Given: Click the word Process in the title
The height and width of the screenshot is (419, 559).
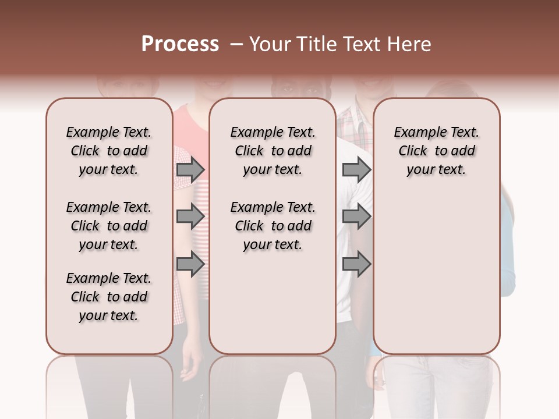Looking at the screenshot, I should coord(180,44).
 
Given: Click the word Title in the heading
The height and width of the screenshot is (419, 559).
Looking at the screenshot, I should coord(317,44).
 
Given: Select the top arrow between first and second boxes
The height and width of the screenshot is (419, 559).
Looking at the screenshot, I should coord(190,169).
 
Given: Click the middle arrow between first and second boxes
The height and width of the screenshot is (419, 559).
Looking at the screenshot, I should coord(190,216).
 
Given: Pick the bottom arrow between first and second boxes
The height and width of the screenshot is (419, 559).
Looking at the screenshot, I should coord(190,264).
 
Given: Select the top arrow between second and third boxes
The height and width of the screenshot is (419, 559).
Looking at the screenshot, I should coord(356,169).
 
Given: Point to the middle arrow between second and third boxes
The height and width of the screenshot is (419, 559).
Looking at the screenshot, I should coord(356,216).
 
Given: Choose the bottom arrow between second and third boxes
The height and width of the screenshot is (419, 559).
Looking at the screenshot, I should coord(356,264).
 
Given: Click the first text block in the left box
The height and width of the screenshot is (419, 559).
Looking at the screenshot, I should coord(109,151).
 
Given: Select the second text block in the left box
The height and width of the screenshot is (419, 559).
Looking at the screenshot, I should coord(109,226).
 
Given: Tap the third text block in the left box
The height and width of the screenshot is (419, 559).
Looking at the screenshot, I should coord(109,297).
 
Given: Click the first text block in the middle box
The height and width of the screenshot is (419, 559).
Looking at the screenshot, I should coord(273,151).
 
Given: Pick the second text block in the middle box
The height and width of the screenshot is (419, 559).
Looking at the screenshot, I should coord(273,226).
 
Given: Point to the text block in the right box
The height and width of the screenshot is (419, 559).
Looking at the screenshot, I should coord(436,151).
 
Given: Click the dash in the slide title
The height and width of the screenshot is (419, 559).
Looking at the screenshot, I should coord(236,44).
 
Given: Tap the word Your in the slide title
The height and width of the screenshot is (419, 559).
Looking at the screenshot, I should coord(270,44).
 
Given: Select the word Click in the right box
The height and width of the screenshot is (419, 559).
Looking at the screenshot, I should coord(413,151).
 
